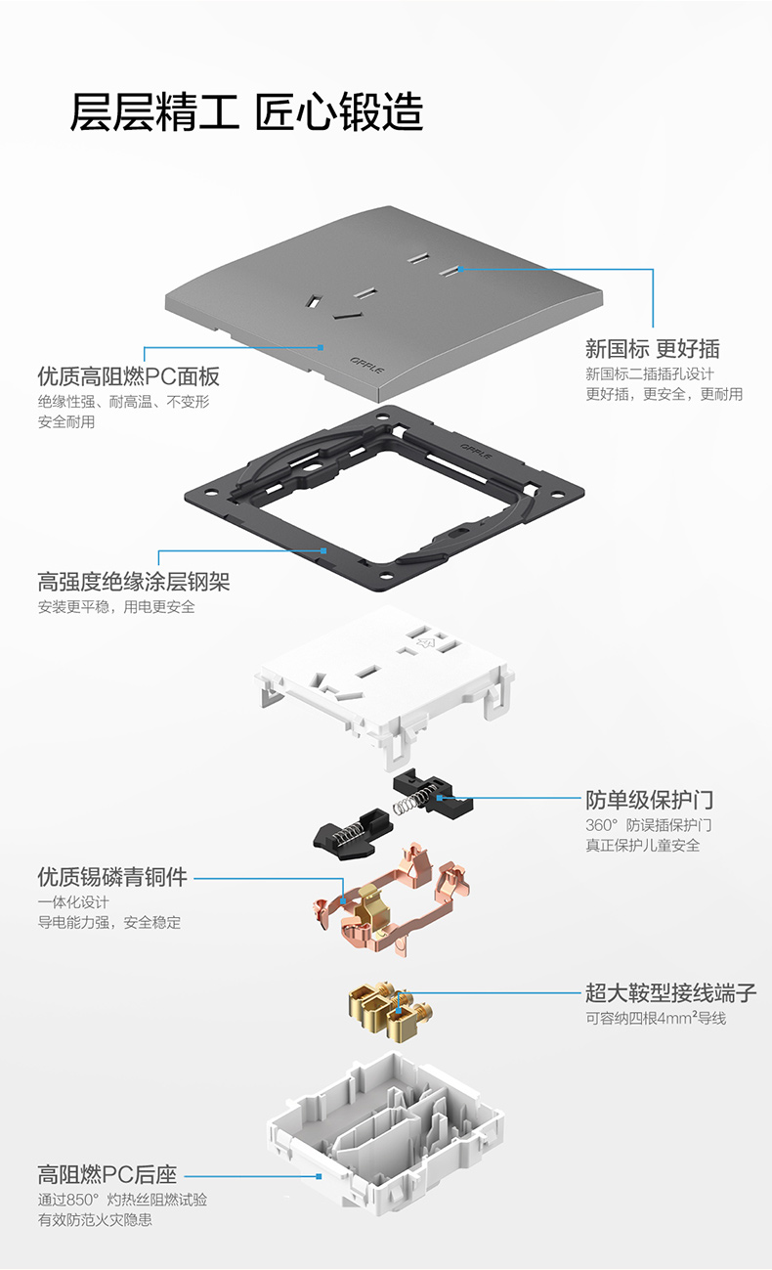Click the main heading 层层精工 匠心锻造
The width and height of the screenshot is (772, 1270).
(x=246, y=112)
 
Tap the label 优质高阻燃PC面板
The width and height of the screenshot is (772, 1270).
(x=128, y=376)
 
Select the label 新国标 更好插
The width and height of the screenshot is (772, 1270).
(x=652, y=348)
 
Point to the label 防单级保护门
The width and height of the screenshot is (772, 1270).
(x=649, y=801)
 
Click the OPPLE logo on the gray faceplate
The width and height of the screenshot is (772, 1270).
(x=367, y=361)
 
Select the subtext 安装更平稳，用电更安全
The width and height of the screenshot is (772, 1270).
(x=116, y=607)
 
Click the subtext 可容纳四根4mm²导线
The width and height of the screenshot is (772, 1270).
(x=656, y=1019)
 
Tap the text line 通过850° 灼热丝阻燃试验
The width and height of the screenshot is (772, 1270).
(x=122, y=1199)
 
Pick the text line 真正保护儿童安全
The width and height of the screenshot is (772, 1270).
(x=642, y=846)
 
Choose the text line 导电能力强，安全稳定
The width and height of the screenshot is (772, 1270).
(x=108, y=922)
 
